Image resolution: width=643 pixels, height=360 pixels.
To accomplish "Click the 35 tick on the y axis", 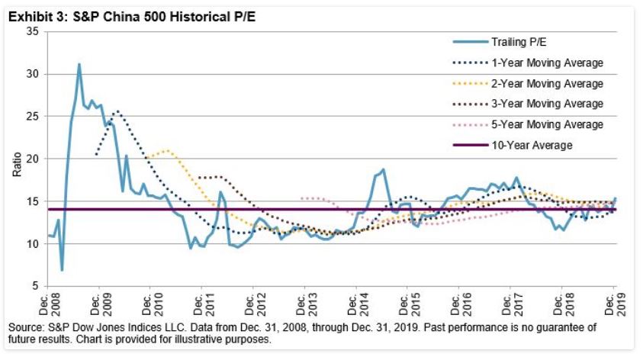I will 33,32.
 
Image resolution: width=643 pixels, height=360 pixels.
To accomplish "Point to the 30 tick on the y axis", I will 33,74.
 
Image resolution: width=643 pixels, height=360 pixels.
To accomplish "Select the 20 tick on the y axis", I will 33,159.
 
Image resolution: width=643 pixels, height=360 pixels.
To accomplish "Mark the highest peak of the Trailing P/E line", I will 79,64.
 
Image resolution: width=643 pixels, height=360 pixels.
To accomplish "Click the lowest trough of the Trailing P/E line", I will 62,270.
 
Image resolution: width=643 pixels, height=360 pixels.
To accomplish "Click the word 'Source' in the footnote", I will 23,326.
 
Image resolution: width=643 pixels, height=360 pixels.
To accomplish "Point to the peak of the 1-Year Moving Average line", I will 117,111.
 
